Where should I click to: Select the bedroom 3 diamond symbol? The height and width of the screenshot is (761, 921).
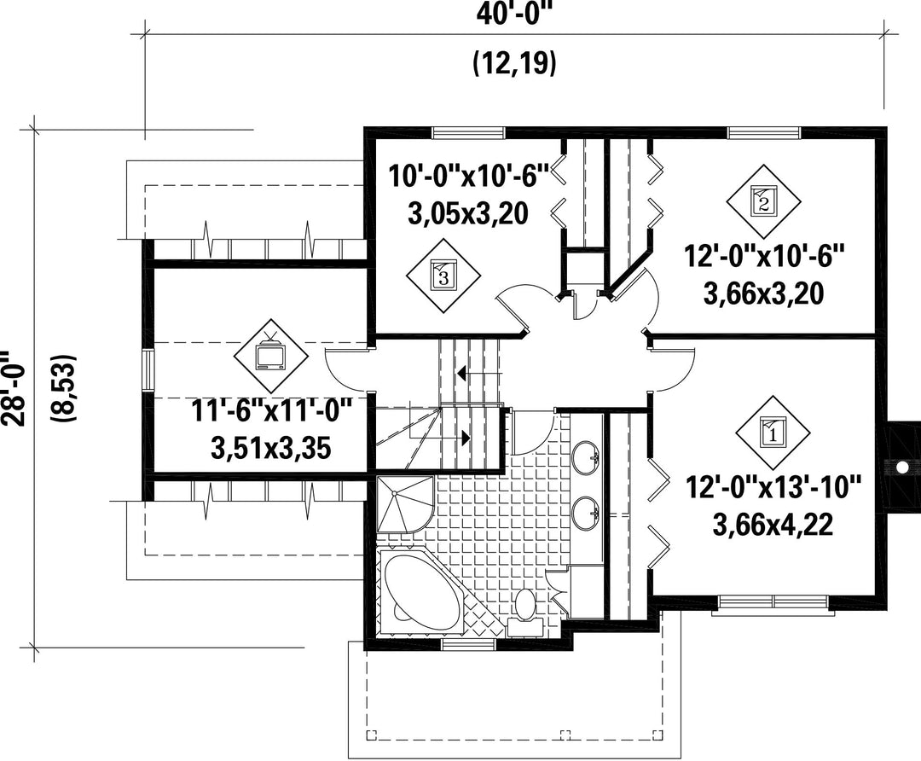(x=443, y=276)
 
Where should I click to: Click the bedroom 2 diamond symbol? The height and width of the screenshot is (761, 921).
(x=763, y=201)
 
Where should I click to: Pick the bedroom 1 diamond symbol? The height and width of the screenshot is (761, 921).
(x=773, y=433)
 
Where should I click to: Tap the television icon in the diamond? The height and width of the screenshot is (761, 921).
(x=271, y=352)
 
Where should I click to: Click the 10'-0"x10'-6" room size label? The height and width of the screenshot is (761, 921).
(x=468, y=176)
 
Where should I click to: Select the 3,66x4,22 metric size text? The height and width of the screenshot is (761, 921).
(x=773, y=524)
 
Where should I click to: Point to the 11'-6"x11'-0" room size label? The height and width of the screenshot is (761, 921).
(x=272, y=410)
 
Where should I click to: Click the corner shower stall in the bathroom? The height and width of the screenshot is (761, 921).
(x=405, y=504)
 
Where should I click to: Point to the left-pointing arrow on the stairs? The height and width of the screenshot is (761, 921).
(x=479, y=373)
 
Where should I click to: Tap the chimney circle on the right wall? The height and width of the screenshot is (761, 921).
(x=901, y=468)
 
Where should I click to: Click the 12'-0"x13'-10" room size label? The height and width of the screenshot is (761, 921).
(x=773, y=488)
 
